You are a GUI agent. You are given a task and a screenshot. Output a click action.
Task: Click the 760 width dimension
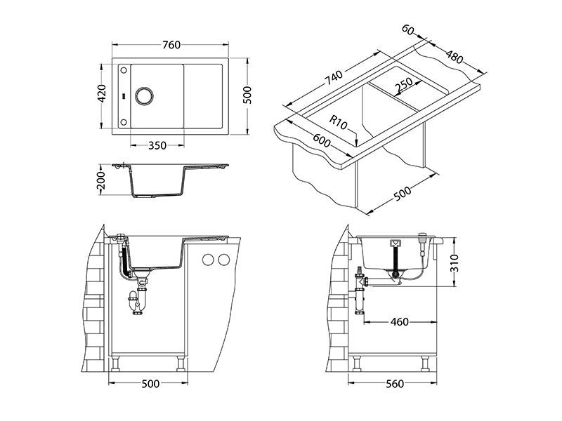coord(171,46)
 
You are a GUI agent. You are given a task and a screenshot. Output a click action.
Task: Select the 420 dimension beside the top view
coord(102,94)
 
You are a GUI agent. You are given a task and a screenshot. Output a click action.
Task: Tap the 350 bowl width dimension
coord(157,145)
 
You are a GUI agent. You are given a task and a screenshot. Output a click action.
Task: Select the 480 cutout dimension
coord(454,55)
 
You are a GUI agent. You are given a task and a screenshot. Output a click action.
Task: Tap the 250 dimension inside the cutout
coord(403,84)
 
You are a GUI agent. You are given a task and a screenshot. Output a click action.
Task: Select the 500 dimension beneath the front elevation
coord(150,384)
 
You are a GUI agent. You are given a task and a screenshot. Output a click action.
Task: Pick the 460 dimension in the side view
coord(399,322)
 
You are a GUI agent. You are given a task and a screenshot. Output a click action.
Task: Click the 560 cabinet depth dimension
coord(395,384)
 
